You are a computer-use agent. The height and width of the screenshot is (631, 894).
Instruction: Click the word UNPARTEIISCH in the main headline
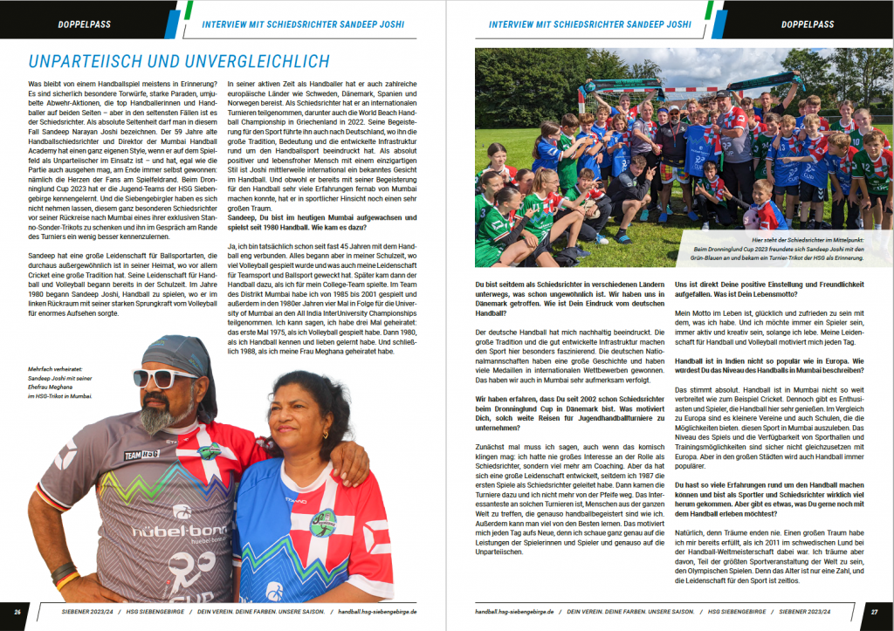tap(89, 61)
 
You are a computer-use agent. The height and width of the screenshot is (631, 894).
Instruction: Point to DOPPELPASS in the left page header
tap(84, 24)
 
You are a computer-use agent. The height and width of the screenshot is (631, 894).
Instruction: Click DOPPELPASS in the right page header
tap(808, 24)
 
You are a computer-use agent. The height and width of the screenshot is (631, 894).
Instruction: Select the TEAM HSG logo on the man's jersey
tap(141, 455)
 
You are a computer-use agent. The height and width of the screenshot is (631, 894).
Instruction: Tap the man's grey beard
tap(157, 416)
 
